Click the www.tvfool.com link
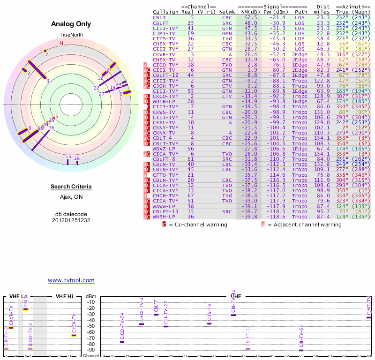pos(71,280)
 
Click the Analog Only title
pos(71,24)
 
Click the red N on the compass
pos(61,43)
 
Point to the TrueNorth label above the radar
pos(71,35)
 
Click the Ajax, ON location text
pos(71,197)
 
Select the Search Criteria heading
pos(71,187)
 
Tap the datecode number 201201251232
pos(71,220)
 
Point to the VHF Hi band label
pos(65,296)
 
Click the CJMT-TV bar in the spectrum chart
pos(369,317)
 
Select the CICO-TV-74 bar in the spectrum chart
pos(122,342)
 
